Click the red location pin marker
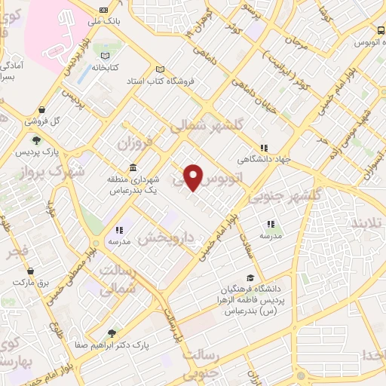coord(194,177)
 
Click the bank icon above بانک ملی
coord(103,9)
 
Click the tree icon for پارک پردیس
coord(35,139)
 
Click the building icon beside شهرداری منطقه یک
coord(133,167)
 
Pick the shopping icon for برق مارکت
coord(30,270)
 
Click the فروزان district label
coord(136,140)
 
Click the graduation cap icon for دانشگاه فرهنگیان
coord(250,277)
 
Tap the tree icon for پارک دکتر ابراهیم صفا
coord(112,332)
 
